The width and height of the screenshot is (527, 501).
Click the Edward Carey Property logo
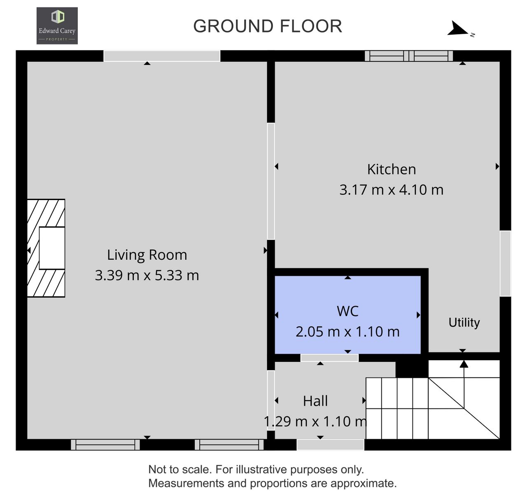point(57,26)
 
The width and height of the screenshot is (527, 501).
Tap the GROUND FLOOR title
point(268,26)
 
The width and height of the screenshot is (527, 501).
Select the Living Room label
point(147,255)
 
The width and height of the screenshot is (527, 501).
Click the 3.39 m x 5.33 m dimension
point(147,275)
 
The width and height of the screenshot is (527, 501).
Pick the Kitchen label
point(392,170)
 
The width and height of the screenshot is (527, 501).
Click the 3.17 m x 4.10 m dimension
point(392,190)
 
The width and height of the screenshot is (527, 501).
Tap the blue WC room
point(347,315)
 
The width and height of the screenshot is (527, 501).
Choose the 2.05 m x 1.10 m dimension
point(347,332)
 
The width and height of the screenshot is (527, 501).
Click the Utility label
point(464,323)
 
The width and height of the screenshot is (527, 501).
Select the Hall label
point(315,401)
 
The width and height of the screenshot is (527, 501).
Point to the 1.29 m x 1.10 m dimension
point(315,422)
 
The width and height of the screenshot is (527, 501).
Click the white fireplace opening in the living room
point(52,248)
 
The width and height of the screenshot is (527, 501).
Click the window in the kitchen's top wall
point(409,56)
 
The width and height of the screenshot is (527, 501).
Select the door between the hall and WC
point(329,358)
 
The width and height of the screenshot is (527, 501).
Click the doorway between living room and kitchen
point(271,181)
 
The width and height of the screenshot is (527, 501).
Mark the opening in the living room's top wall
point(162,56)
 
